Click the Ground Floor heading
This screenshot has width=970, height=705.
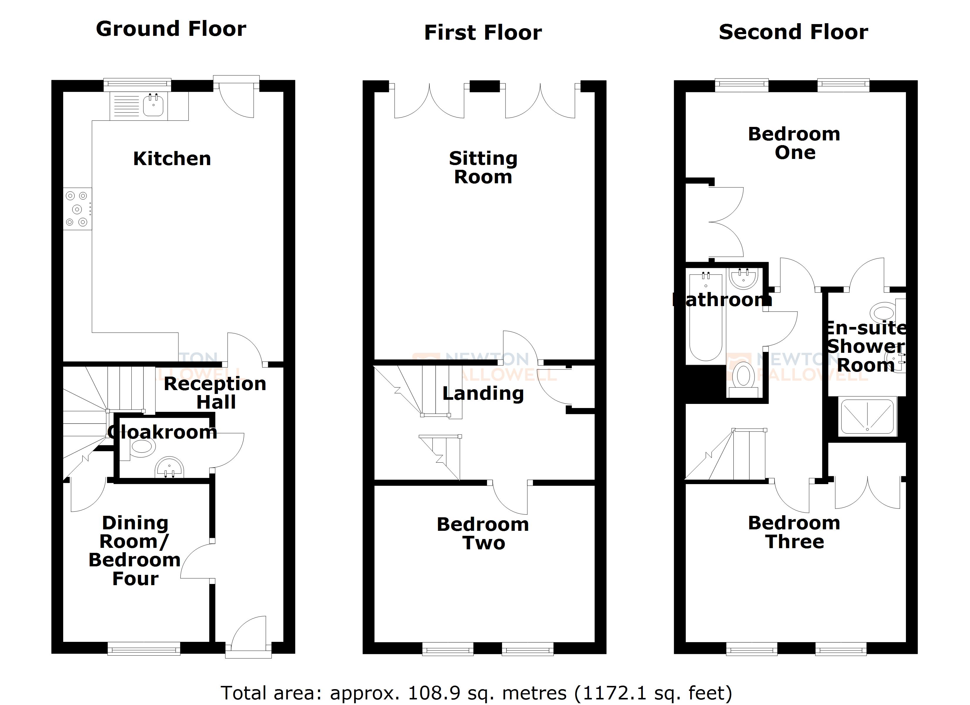point(171,29)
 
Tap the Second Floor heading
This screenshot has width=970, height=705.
point(793,32)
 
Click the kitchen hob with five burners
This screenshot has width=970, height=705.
point(77,209)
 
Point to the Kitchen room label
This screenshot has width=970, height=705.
point(172,159)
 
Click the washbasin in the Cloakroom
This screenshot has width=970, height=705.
point(170,467)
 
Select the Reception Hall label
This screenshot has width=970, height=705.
point(215,392)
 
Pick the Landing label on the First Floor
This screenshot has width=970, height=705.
point(483,393)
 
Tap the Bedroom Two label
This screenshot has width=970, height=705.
point(483,533)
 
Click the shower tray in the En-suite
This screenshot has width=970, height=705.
point(867,417)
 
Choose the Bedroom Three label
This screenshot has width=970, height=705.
point(794,532)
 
